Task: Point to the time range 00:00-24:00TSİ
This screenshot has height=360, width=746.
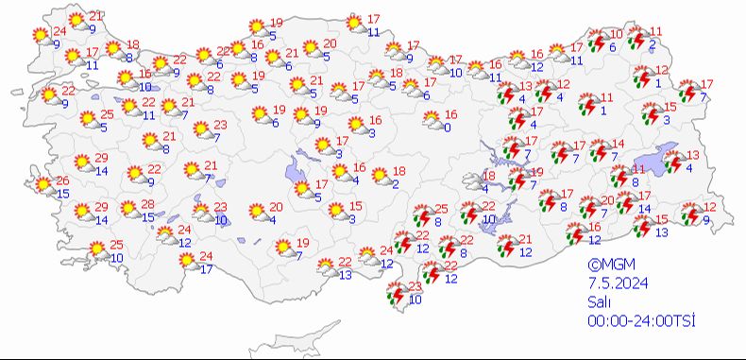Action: [x=641, y=321]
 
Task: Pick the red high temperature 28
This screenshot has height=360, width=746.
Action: [x=147, y=205]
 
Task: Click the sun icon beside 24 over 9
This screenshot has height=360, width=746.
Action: [x=40, y=35]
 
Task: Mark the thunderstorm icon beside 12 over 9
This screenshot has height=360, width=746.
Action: [x=690, y=214]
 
